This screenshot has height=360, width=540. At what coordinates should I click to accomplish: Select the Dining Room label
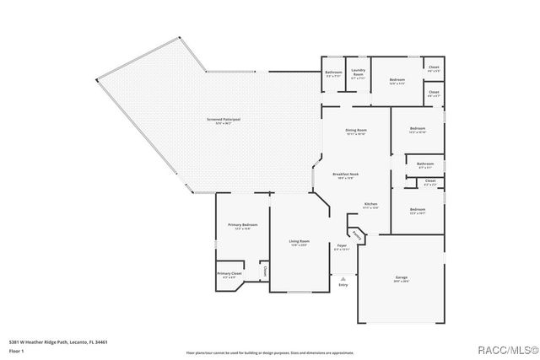356,131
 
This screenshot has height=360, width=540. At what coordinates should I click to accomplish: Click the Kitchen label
370,205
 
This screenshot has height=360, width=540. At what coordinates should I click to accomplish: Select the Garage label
401,277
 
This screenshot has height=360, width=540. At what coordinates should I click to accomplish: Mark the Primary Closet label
229,274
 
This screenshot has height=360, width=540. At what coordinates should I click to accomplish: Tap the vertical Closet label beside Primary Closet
264,271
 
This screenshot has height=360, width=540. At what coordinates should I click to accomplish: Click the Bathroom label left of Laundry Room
334,73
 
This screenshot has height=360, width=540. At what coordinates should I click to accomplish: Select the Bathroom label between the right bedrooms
425,164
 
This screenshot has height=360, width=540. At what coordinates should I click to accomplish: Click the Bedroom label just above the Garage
418,210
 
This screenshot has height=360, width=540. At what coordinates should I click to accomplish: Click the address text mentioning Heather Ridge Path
58,342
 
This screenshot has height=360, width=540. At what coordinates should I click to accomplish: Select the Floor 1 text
17,350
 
